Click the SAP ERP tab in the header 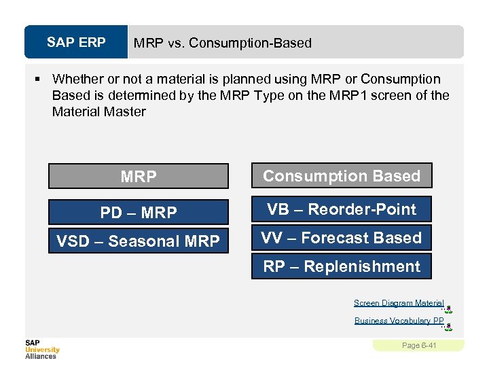[76, 42]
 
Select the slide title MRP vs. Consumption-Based [222, 43]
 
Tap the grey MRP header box [138, 177]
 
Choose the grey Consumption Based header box [342, 176]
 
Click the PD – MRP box [138, 212]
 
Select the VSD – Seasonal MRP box [138, 241]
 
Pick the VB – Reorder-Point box [342, 209]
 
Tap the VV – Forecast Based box [342, 238]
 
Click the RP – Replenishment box [342, 266]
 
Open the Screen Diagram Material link [399, 303]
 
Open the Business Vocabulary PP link [399, 321]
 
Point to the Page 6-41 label [419, 345]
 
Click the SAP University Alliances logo [42, 349]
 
